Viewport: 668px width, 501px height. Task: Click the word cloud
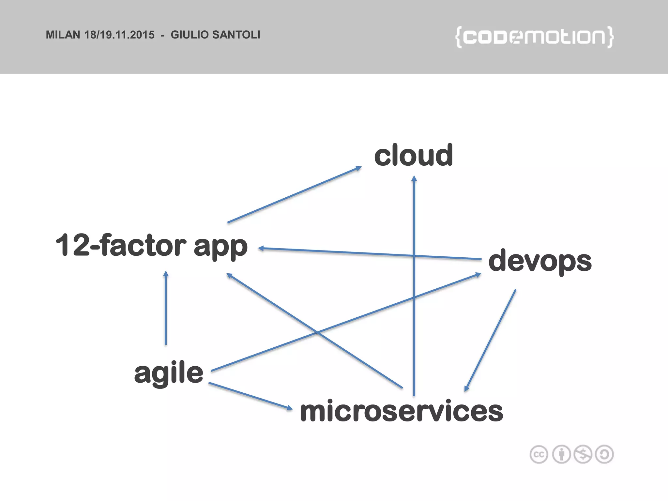pyautogui.click(x=413, y=156)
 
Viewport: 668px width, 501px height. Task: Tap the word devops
pyautogui.click(x=540, y=261)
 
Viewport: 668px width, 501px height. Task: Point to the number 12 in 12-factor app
pyautogui.click(x=72, y=245)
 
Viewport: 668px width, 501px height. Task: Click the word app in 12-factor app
pyautogui.click(x=220, y=247)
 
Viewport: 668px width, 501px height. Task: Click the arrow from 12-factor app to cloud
pyautogui.click(x=294, y=195)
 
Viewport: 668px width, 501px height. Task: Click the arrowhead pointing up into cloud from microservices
pyautogui.click(x=414, y=178)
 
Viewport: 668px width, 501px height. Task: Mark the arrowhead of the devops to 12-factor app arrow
pyautogui.click(x=261, y=249)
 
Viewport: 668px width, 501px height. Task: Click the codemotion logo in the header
pyautogui.click(x=534, y=37)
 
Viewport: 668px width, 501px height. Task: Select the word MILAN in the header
pyautogui.click(x=63, y=35)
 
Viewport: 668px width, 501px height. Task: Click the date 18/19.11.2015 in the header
pyautogui.click(x=119, y=35)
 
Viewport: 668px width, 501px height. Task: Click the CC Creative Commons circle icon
pyautogui.click(x=539, y=454)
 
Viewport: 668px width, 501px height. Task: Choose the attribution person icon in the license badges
pyautogui.click(x=561, y=454)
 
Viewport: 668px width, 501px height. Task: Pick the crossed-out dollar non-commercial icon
pyautogui.click(x=583, y=454)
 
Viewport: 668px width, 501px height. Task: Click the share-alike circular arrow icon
pyautogui.click(x=604, y=454)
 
